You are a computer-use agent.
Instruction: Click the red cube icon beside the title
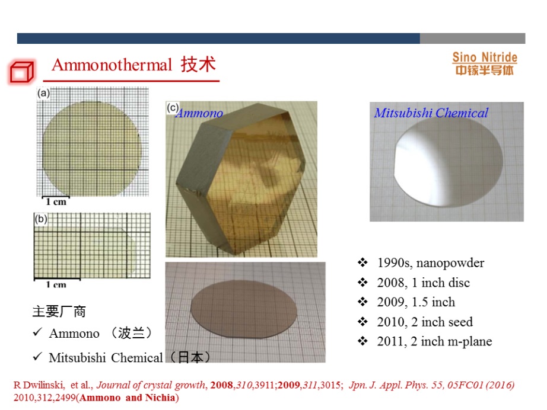tap(21, 72)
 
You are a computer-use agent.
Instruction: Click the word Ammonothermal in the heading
tap(112, 65)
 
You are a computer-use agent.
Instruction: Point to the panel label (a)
tap(44, 93)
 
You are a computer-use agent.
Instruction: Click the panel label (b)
tap(41, 219)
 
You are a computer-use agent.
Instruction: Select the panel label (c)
tap(173, 107)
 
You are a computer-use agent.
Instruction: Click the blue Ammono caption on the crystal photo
tap(199, 113)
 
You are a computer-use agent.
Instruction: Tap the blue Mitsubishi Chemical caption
tap(431, 113)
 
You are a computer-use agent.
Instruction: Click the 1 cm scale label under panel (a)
tap(56, 201)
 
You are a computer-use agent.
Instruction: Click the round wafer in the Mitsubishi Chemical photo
tap(449, 162)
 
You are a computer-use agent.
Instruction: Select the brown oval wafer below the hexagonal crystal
tap(244, 309)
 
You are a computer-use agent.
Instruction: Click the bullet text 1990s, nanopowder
tap(431, 262)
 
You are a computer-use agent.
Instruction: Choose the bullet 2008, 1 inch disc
tap(424, 283)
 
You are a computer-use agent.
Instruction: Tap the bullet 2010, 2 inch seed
tap(425, 322)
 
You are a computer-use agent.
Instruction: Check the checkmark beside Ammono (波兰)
tap(37, 332)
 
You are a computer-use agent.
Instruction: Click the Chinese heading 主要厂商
tap(59, 312)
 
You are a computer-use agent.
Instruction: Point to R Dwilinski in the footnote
tap(39, 385)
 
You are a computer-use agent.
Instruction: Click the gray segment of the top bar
tap(472, 39)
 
